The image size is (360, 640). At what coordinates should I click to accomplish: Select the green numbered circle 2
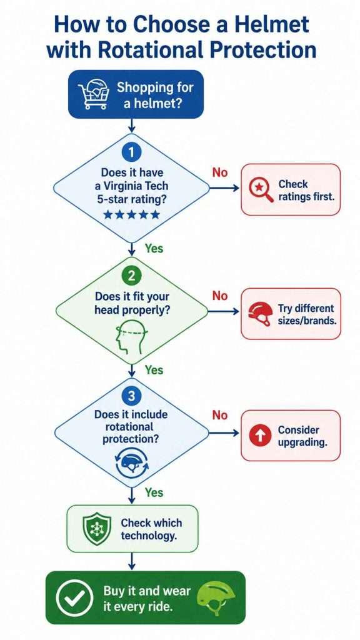[131, 276]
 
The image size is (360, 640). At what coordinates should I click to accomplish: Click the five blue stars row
[131, 214]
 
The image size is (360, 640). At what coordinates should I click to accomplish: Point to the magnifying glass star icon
[260, 190]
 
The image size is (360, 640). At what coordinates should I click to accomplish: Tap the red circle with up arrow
[260, 436]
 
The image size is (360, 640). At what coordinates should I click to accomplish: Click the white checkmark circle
[74, 598]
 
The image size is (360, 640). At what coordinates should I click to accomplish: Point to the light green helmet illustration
[216, 599]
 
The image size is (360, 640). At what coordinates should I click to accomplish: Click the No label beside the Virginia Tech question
[219, 172]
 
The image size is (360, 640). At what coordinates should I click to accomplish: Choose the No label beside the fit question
[219, 296]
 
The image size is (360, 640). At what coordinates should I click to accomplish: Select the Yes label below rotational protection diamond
[154, 492]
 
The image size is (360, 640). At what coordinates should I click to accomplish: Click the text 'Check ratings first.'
[306, 190]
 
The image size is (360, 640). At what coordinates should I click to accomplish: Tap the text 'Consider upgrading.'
[303, 436]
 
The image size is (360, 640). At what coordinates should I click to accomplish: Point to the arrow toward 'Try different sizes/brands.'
[224, 311]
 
